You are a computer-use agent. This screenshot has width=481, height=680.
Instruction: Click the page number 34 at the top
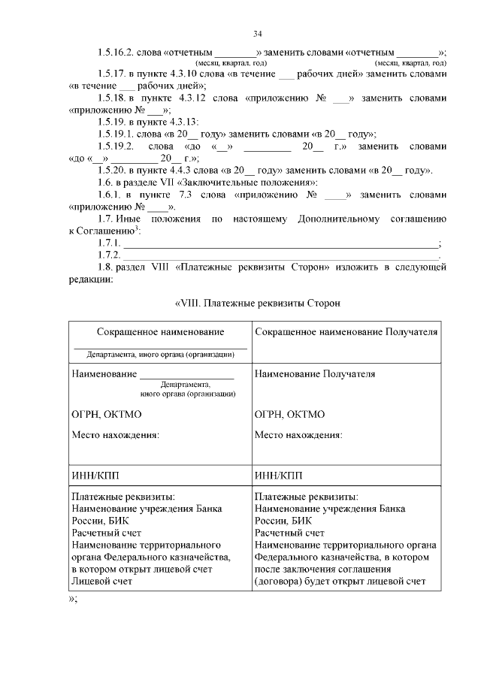[257, 34]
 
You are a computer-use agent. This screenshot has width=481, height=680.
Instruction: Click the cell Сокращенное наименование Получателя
[346, 332]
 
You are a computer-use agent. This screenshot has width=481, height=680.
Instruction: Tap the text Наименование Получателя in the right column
[315, 373]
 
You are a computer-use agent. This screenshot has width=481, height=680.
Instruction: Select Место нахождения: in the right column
[299, 434]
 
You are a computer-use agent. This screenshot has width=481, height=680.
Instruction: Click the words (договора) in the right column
[282, 581]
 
